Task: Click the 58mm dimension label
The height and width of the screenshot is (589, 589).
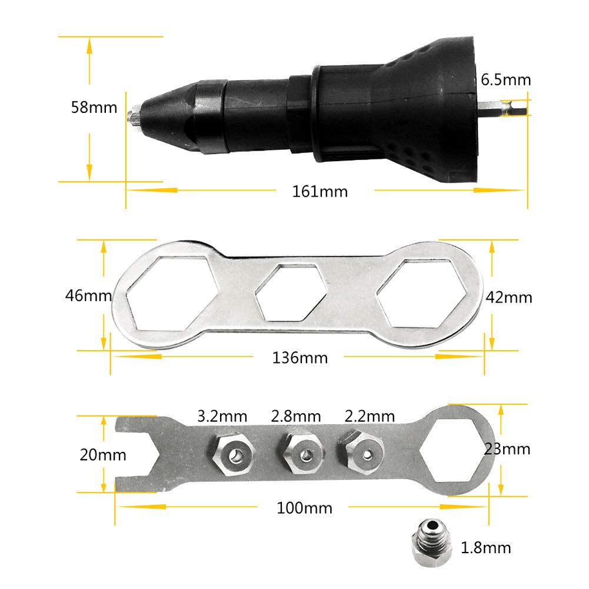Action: (93, 108)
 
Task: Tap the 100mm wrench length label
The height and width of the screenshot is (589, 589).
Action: (304, 508)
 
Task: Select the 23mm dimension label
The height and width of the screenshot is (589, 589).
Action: (507, 449)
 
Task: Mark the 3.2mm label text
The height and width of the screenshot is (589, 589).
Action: (222, 417)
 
